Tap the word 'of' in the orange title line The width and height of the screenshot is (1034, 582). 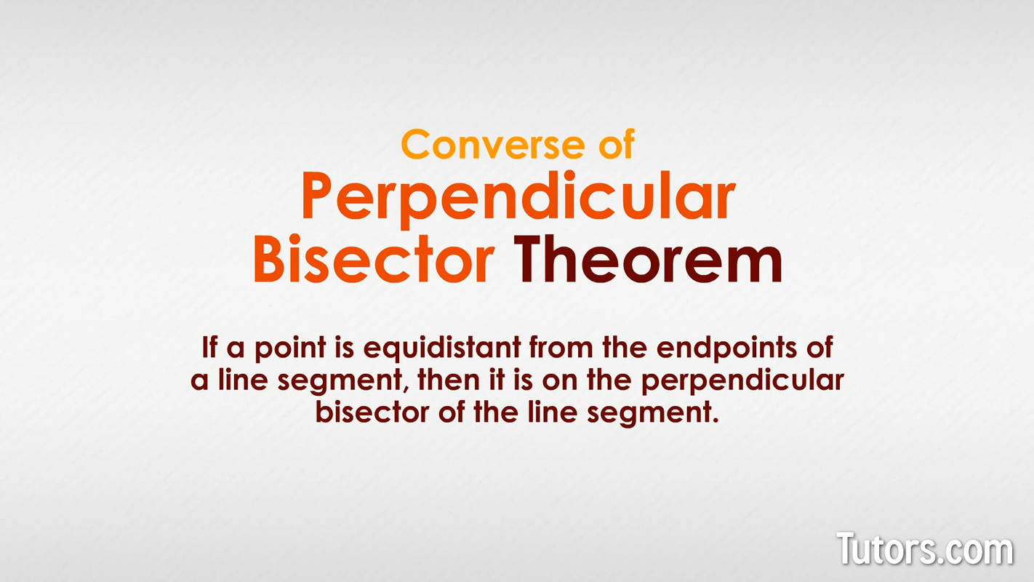click(617, 143)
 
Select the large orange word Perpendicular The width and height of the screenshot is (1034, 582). click(518, 198)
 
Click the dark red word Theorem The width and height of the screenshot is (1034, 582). click(648, 259)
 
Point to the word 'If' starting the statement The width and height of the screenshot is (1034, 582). click(209, 346)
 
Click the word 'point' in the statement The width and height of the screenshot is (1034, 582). click(291, 348)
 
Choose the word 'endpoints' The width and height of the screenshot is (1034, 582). click(726, 348)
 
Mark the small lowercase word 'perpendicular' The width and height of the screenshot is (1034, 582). click(742, 382)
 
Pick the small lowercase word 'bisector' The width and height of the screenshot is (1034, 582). click(372, 412)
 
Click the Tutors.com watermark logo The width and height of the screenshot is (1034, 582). click(925, 549)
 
